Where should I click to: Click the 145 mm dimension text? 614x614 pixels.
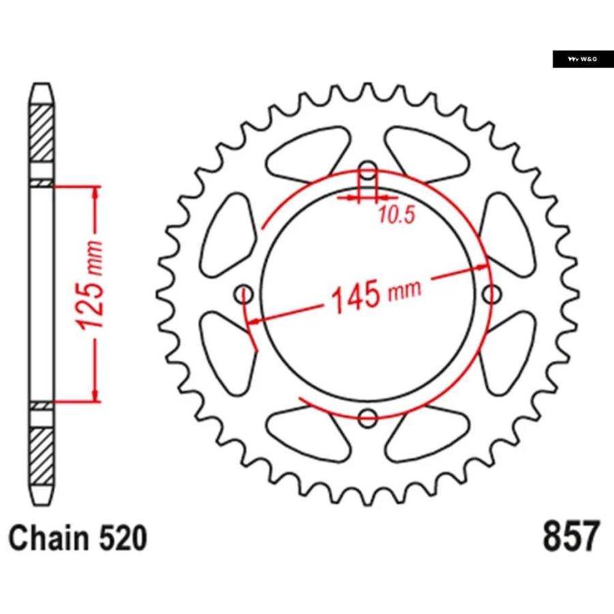coord(377,295)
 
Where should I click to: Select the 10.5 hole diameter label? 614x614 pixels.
coord(396,215)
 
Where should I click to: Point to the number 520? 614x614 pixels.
coord(123,538)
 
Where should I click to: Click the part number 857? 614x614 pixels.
coord(571,536)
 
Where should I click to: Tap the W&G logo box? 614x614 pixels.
coord(583,59)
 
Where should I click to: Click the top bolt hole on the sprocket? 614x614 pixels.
coord(368,171)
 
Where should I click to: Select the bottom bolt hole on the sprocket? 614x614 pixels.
coord(367,418)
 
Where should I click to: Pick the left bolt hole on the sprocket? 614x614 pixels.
coord(244,294)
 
